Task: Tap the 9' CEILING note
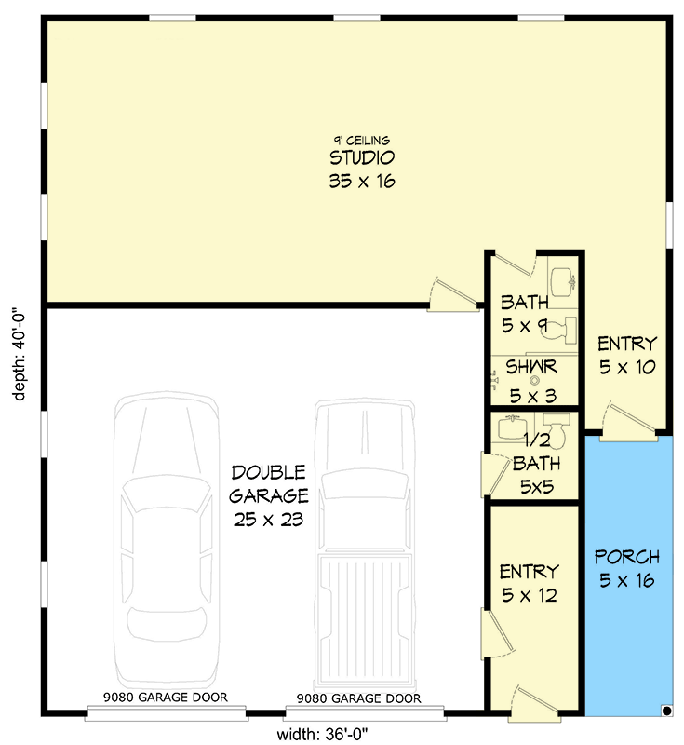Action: tap(362, 141)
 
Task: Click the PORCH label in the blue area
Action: tap(627, 569)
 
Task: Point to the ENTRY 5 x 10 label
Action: tap(627, 355)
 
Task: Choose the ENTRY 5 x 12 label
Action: tap(528, 583)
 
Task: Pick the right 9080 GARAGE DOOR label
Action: tap(358, 698)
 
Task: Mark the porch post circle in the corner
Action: tap(667, 711)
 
